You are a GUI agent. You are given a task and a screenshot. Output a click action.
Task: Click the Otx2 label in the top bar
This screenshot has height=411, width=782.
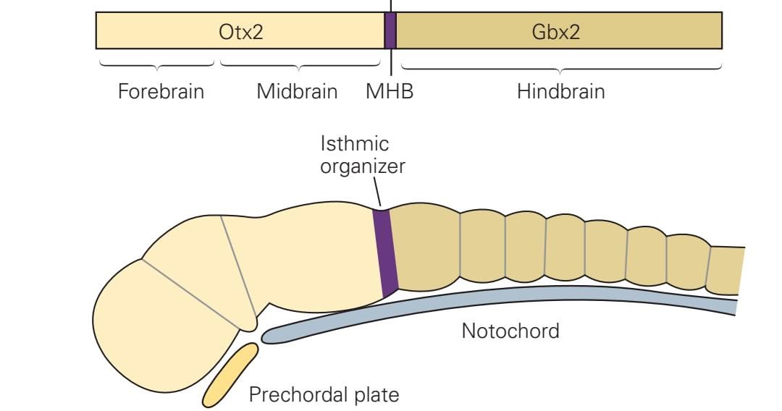point(240,32)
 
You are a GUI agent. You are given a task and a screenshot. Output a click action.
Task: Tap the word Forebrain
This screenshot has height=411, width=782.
point(161,92)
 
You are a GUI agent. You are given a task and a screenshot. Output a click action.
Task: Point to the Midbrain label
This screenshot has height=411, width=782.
point(297,92)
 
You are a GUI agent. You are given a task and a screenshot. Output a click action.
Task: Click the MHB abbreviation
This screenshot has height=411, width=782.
point(390,92)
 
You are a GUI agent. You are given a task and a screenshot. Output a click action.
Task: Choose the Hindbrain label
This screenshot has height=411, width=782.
point(560,92)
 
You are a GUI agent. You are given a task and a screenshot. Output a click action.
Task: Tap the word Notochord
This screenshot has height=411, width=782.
point(510,331)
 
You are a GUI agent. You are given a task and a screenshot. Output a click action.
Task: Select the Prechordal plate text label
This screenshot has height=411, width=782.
point(324,395)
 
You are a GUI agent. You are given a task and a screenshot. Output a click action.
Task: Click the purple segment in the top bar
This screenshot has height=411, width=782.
point(390,31)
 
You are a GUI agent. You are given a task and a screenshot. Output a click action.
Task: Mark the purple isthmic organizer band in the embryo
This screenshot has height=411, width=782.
point(385,252)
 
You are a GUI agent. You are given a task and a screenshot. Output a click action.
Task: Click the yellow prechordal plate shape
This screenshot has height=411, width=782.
point(230,375)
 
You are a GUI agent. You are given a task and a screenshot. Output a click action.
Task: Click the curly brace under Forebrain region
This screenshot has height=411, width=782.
point(156,66)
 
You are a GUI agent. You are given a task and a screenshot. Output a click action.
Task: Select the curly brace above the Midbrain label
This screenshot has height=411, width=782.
point(300,66)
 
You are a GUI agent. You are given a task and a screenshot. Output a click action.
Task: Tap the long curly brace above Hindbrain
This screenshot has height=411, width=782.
point(561,69)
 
